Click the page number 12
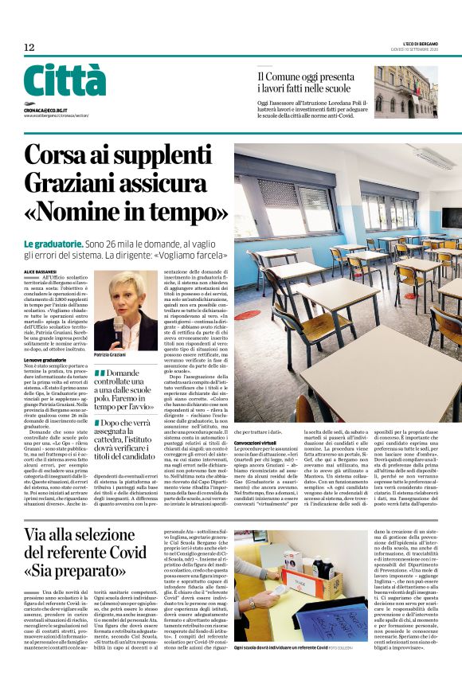point(29,48)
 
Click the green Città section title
point(65,81)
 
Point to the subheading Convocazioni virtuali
point(259,443)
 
